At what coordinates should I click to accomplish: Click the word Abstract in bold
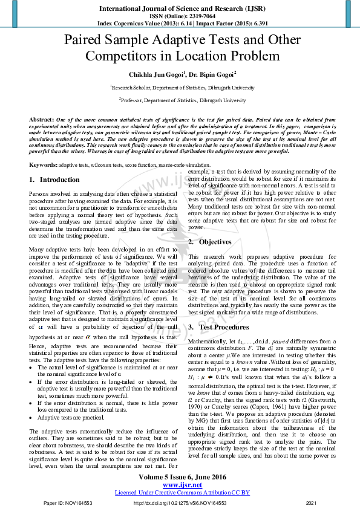coord(41,120)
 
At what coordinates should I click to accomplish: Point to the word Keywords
coord(43,164)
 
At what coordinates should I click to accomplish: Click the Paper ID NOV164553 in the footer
coord(67,503)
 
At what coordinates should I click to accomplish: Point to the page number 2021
coord(312,503)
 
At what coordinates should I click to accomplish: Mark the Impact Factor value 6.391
coord(257,23)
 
